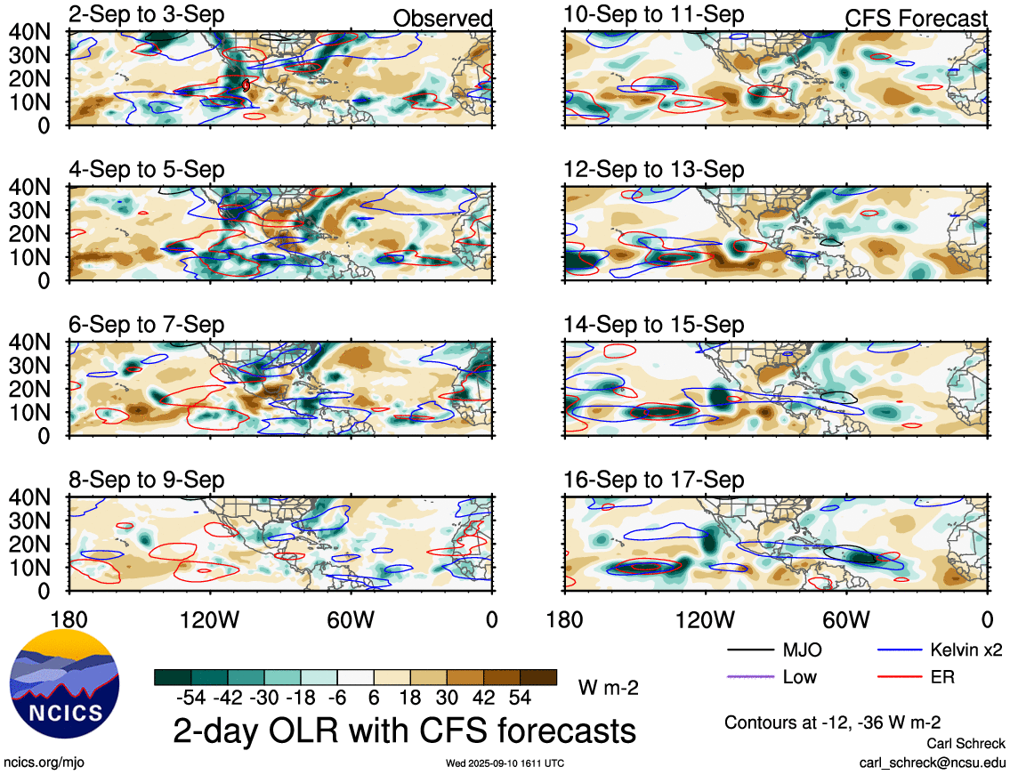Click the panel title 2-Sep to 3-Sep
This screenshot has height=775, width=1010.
coord(147,15)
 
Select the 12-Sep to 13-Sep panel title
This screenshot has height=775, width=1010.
coord(653,170)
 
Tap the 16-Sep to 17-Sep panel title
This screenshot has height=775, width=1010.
coord(653,480)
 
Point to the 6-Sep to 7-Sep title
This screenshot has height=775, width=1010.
coord(147,326)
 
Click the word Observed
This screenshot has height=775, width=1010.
coord(442,19)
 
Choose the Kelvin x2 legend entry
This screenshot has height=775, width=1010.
coord(966,650)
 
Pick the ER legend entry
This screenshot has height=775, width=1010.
coord(942,678)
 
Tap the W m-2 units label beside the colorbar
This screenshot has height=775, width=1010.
coord(608,687)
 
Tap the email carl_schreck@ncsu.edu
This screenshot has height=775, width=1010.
coord(932,763)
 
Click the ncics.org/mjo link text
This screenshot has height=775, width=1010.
coord(44,763)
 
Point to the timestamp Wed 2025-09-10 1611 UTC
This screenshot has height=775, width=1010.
coord(505,763)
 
